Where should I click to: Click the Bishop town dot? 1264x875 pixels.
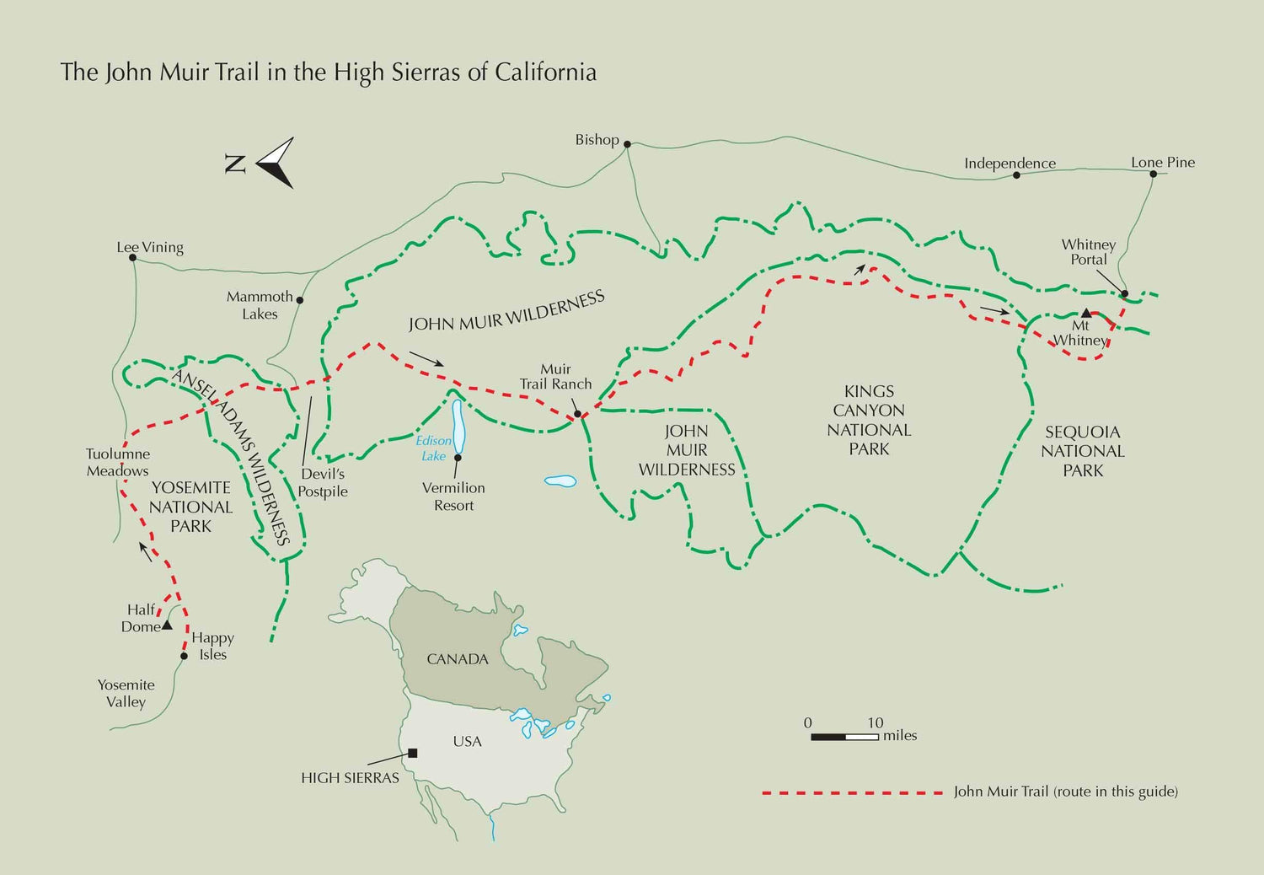pyautogui.click(x=627, y=144)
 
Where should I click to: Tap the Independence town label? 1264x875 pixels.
pyautogui.click(x=1010, y=163)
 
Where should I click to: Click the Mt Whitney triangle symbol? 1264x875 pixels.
pyautogui.click(x=1086, y=313)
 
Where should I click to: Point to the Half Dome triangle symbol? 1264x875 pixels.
pyautogui.click(x=167, y=625)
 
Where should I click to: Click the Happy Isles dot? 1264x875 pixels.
pyautogui.click(x=184, y=656)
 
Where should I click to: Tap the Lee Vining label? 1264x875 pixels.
pyautogui.click(x=150, y=247)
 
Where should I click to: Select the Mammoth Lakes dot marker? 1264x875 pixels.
pyautogui.click(x=300, y=299)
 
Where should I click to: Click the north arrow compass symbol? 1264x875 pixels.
pyautogui.click(x=276, y=163)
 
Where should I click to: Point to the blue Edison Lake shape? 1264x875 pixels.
pyautogui.click(x=458, y=426)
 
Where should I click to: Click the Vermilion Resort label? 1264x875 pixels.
pyautogui.click(x=453, y=497)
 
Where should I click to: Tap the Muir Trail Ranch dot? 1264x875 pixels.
pyautogui.click(x=577, y=414)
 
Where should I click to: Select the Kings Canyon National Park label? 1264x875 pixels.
pyautogui.click(x=869, y=420)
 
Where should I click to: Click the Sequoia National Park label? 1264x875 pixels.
pyautogui.click(x=1082, y=451)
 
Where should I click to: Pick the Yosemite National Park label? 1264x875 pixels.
pyautogui.click(x=190, y=507)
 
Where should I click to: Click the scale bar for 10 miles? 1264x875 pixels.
pyautogui.click(x=844, y=737)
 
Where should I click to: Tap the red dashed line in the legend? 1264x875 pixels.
pyautogui.click(x=851, y=792)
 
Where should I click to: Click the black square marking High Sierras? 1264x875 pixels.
pyautogui.click(x=413, y=753)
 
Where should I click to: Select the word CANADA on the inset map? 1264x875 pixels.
pyautogui.click(x=458, y=659)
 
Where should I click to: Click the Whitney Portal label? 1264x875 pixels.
pyautogui.click(x=1088, y=252)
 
